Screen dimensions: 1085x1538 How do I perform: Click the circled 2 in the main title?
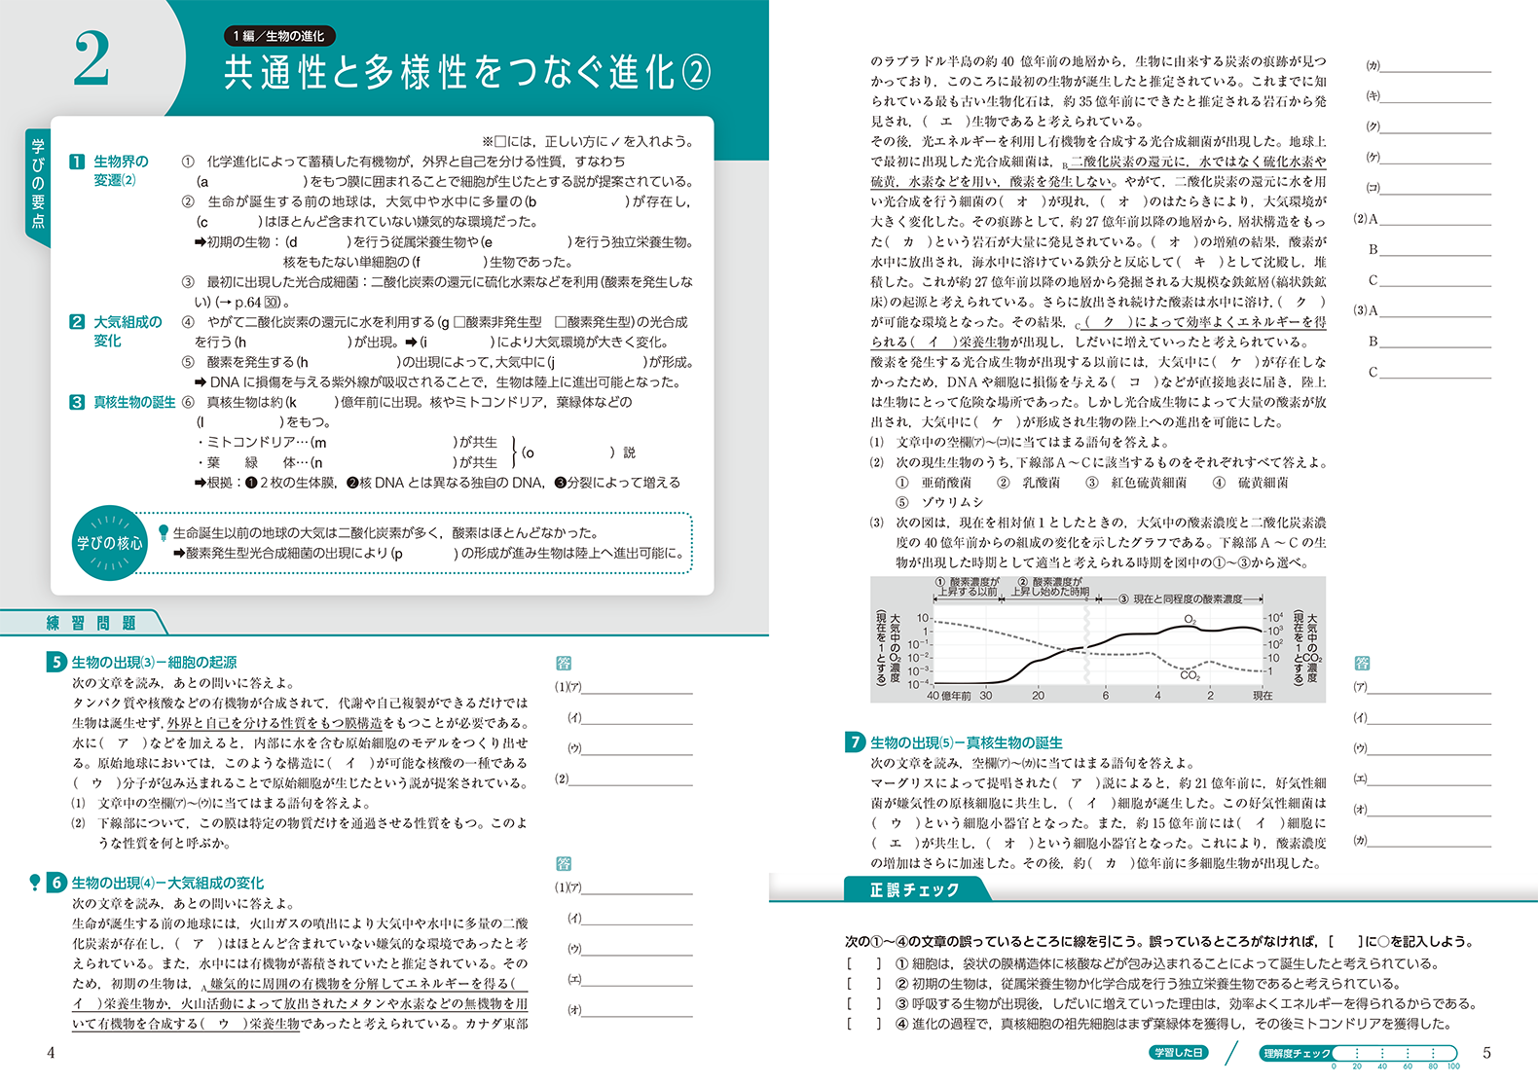[x=695, y=72]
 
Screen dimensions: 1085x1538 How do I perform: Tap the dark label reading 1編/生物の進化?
[x=279, y=36]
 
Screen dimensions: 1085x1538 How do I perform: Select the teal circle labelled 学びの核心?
[x=109, y=543]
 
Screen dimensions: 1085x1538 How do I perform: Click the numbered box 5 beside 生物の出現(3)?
[x=56, y=662]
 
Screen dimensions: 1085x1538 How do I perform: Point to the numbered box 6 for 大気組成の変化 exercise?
[x=56, y=883]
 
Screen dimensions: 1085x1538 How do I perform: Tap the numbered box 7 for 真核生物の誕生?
[x=855, y=742]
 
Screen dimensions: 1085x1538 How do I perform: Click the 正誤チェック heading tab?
[x=914, y=889]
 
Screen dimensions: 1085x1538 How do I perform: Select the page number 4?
[x=51, y=1052]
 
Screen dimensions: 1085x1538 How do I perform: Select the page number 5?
[x=1486, y=1052]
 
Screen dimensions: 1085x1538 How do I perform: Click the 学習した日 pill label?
[x=1178, y=1053]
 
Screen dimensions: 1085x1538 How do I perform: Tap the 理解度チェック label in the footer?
[x=1297, y=1053]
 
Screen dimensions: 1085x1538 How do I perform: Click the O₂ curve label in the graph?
[x=1190, y=620]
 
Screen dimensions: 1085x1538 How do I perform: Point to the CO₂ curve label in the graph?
[x=1190, y=674]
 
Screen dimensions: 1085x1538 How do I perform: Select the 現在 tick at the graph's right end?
[x=1263, y=696]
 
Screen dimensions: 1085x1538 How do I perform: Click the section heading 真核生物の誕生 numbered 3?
[x=134, y=402]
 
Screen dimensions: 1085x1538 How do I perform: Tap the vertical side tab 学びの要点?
[x=38, y=185]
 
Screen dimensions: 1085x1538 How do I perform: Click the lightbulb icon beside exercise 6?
[x=35, y=883]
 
